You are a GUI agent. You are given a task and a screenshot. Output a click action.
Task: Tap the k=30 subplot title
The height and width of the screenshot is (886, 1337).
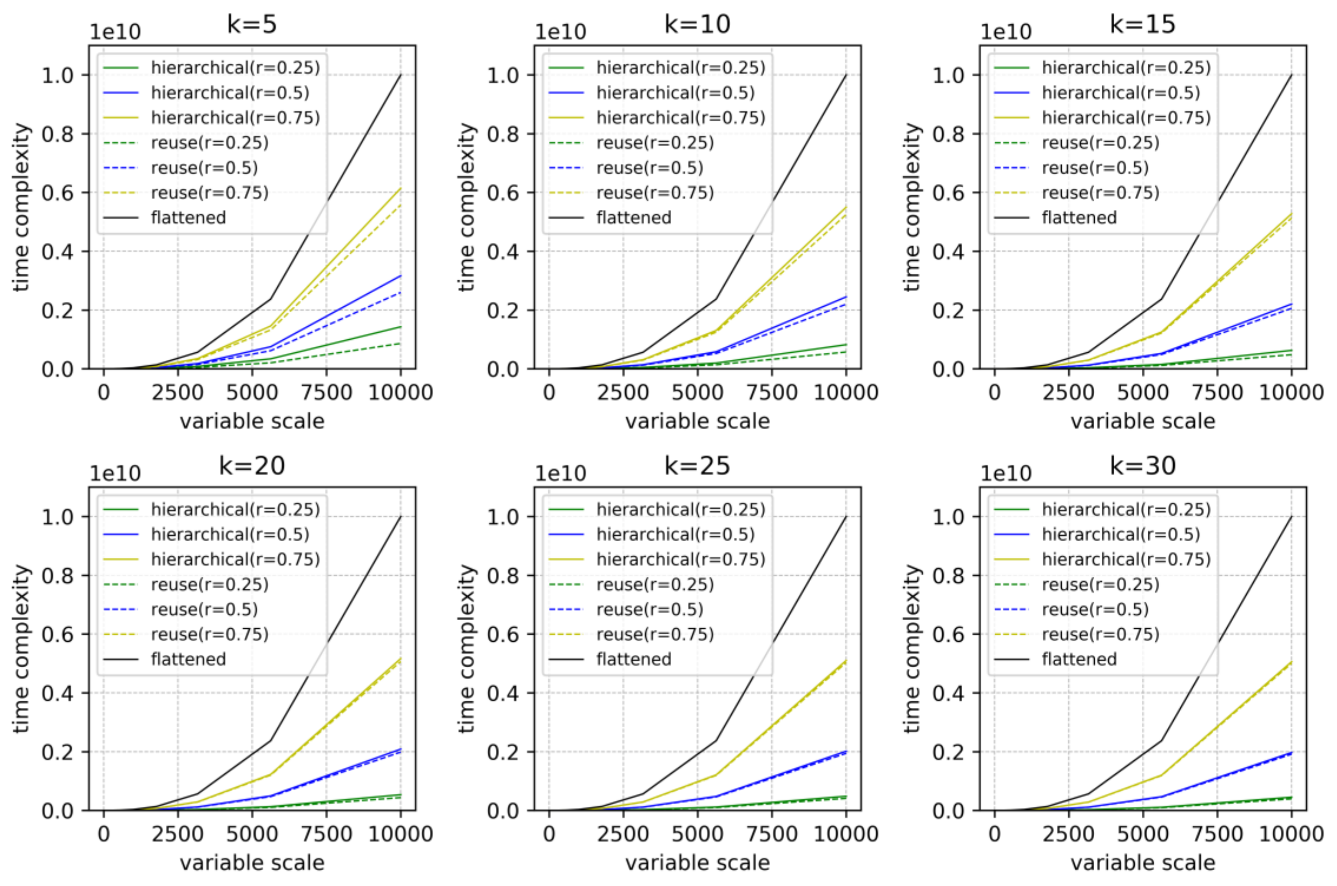(x=1142, y=466)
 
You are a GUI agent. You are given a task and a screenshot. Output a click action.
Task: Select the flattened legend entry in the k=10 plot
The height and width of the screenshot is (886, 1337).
(x=634, y=218)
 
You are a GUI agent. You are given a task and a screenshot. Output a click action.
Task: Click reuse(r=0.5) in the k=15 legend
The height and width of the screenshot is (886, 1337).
(x=1095, y=168)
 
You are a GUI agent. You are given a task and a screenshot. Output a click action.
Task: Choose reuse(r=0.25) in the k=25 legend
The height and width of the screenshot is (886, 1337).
(x=655, y=584)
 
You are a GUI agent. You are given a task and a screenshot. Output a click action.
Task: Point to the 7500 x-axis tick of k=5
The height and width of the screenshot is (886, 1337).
(x=326, y=392)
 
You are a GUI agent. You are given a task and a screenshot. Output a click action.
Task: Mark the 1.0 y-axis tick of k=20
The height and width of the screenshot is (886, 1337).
(x=58, y=516)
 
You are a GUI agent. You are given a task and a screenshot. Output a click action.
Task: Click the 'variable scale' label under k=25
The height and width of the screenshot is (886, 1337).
(x=697, y=863)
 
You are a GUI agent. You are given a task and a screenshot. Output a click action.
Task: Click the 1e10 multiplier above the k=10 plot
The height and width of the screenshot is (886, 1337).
(x=560, y=32)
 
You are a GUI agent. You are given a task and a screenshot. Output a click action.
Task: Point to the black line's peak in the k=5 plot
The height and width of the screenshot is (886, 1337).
(x=400, y=75)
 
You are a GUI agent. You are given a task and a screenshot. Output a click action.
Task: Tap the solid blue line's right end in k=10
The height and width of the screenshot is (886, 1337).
(x=845, y=297)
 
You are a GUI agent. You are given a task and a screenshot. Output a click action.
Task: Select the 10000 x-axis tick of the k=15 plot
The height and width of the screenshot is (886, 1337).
(x=1291, y=392)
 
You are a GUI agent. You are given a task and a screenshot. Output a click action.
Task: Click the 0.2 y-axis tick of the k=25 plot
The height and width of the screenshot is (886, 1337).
(x=503, y=752)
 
